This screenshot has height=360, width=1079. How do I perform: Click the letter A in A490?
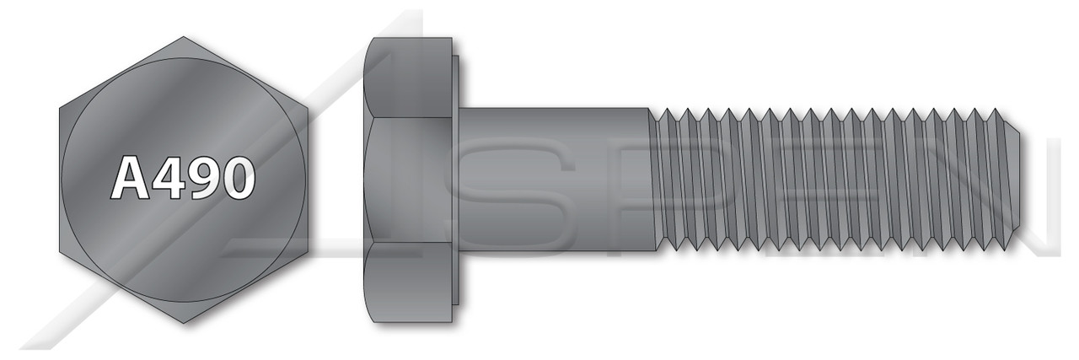pyautogui.click(x=128, y=179)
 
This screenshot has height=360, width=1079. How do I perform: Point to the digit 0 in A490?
pyautogui.click(x=236, y=179)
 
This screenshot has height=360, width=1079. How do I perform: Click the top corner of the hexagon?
pyautogui.click(x=183, y=37)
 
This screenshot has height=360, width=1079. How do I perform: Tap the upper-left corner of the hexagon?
pyautogui.click(x=60, y=108)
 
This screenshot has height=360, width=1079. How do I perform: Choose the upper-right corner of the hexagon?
pyautogui.click(x=306, y=108)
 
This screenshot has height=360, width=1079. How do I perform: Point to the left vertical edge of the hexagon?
pyautogui.click(x=60, y=179)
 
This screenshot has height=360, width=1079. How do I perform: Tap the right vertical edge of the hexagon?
pyautogui.click(x=306, y=179)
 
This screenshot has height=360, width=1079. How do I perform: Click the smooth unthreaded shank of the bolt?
pyautogui.click(x=556, y=179)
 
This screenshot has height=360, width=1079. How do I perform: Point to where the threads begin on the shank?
pyautogui.click(x=653, y=179)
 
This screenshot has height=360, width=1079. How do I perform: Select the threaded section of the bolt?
pyautogui.click(x=826, y=179)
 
